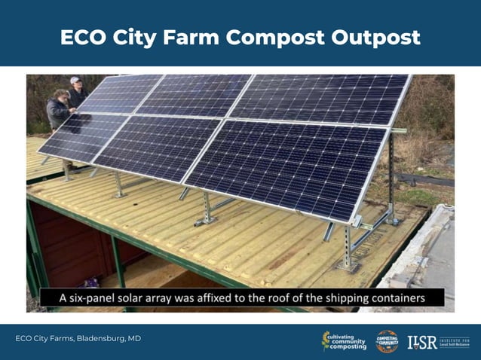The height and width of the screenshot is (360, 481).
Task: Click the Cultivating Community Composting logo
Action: coord(345,340)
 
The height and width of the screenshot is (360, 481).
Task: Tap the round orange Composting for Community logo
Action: coord(387,340)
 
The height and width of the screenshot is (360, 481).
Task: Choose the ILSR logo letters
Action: coord(422,341)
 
